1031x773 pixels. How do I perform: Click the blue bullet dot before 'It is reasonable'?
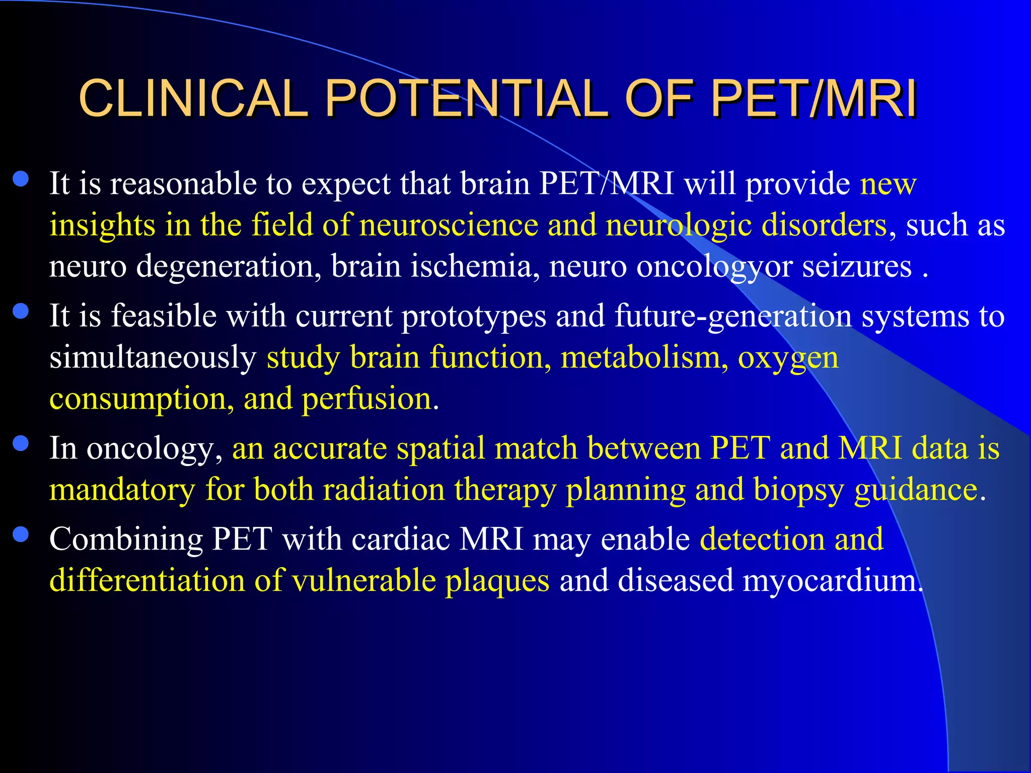[x=21, y=180]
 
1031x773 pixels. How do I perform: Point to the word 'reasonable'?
[x=183, y=184]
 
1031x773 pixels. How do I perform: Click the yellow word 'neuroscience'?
[x=449, y=225]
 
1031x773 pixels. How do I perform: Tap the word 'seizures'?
[x=856, y=266]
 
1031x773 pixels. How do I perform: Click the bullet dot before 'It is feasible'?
[x=21, y=312]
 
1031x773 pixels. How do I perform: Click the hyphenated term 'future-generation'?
[x=733, y=317]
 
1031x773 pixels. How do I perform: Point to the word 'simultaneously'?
[x=153, y=358]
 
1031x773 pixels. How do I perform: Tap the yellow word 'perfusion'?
[x=367, y=399]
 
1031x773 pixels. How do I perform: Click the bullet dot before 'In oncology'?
[x=21, y=444]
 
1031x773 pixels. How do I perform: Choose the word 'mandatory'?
[x=122, y=490]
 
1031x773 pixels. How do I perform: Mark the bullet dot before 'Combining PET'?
[x=21, y=534]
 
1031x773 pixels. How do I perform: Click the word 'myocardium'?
[x=830, y=581]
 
